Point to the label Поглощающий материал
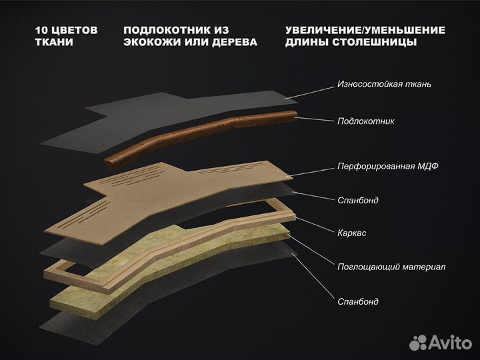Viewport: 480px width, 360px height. tap(391, 267)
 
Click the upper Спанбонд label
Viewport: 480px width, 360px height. tap(358, 200)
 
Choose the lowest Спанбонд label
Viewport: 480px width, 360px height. tap(358, 301)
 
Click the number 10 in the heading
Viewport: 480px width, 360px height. tap(41, 31)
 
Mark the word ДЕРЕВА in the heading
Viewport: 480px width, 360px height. tap(232, 43)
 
